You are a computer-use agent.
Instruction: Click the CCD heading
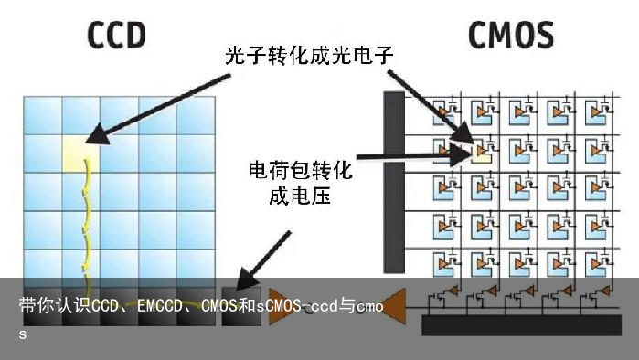tap(116, 35)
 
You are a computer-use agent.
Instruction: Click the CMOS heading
tap(510, 35)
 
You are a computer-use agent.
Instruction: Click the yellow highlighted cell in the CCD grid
tap(80, 152)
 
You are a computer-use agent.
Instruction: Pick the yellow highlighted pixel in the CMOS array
tap(481, 152)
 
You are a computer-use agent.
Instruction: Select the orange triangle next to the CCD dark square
tap(280, 307)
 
